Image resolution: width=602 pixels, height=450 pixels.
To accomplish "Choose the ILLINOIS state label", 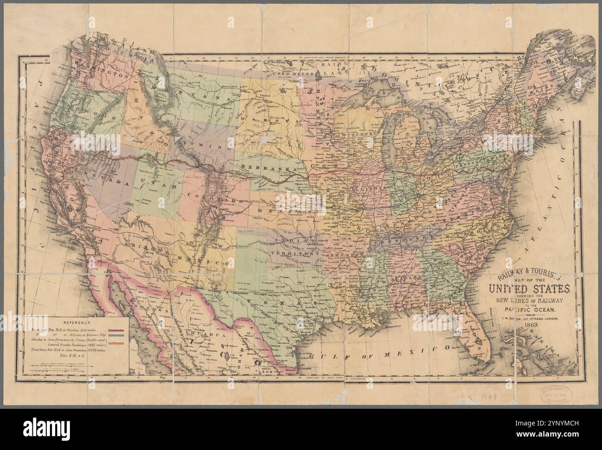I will pyautogui.click(x=365, y=189).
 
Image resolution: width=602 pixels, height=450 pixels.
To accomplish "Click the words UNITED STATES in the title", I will pyautogui.click(x=527, y=289).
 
